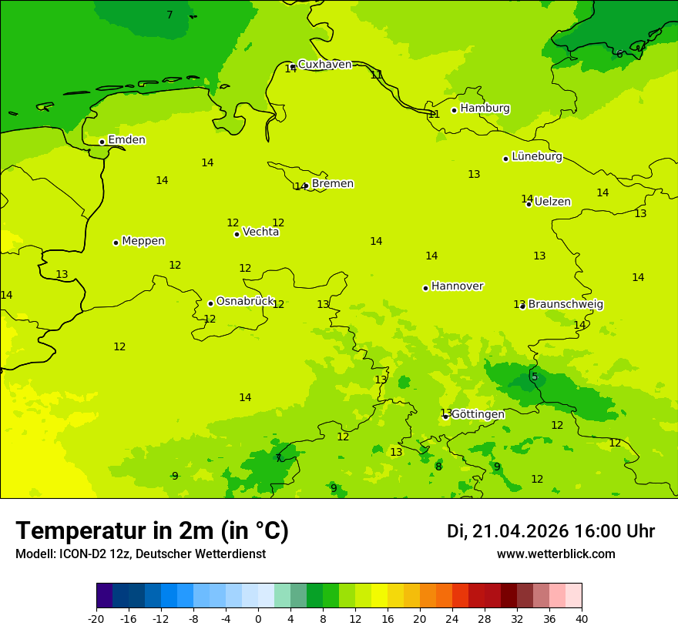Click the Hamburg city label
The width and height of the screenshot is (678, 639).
(485, 109)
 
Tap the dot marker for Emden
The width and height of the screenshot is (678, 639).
(102, 142)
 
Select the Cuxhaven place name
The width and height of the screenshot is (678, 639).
(324, 65)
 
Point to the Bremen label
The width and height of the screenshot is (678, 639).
(332, 184)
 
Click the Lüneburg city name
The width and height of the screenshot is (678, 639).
(536, 156)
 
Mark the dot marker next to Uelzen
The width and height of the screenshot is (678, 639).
(529, 204)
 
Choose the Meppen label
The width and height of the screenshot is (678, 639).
(143, 241)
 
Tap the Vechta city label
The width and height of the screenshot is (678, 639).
(260, 232)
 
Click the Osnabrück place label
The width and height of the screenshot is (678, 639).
(244, 301)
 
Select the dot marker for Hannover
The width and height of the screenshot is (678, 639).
(425, 288)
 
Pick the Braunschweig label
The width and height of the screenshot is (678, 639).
(566, 304)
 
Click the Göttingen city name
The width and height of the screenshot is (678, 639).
(478, 414)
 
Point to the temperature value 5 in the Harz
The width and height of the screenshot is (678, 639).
(534, 376)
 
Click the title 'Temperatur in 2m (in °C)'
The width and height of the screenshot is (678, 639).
(152, 531)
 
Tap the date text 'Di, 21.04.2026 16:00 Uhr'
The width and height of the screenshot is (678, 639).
(551, 531)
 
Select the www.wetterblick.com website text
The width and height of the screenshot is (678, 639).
(555, 554)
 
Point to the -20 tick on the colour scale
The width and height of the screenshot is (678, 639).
(96, 618)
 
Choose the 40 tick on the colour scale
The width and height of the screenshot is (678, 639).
(581, 618)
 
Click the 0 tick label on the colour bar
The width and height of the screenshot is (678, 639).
(258, 618)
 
